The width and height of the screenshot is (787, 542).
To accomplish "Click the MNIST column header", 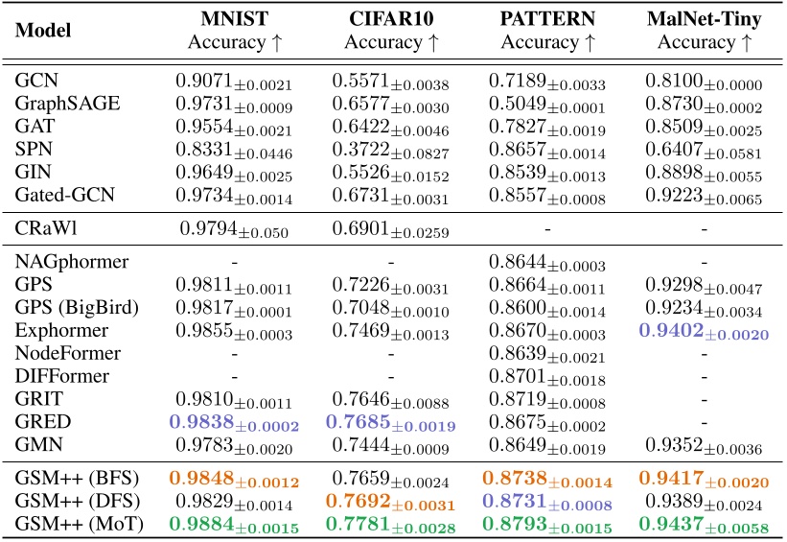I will point(234,19).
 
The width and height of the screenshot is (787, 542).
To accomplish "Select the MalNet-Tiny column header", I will point(706,19).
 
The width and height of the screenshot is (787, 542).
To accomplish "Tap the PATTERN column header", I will point(546,19).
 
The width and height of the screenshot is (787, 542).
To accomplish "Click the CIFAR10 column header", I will point(390,19).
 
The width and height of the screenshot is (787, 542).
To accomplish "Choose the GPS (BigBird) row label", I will point(77,308).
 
